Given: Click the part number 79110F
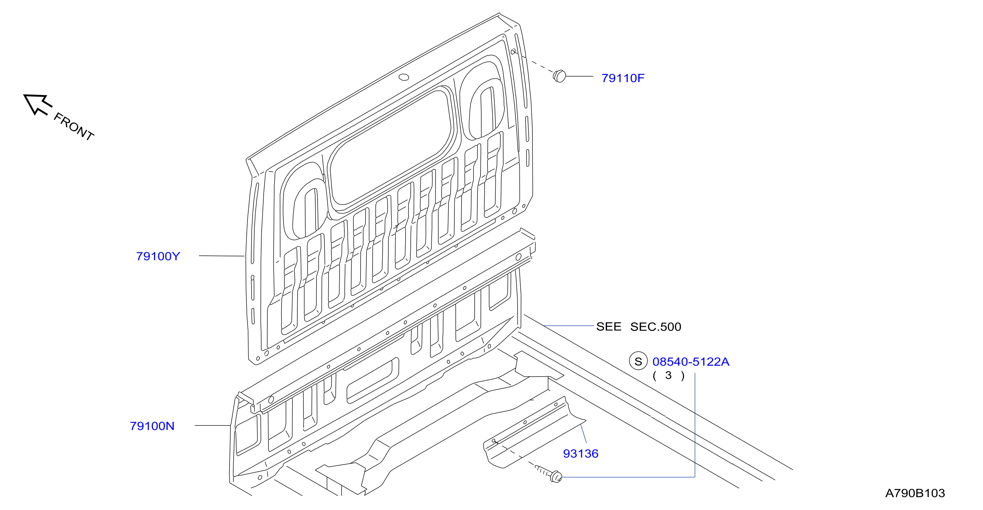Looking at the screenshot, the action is point(623,78).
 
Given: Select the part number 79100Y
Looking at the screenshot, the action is point(158,256).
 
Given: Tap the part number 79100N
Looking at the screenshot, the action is point(152,426).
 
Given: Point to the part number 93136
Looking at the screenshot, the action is point(581,454).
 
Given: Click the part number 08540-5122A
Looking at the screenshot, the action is point(691,362).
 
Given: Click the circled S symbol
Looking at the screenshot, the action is point(638,361).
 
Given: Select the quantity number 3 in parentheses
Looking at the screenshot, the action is point(668,375).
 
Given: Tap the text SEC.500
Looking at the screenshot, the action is point(655,327).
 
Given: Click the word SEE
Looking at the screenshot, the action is point(609,327).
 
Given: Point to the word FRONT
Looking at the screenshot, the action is point(74,126).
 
